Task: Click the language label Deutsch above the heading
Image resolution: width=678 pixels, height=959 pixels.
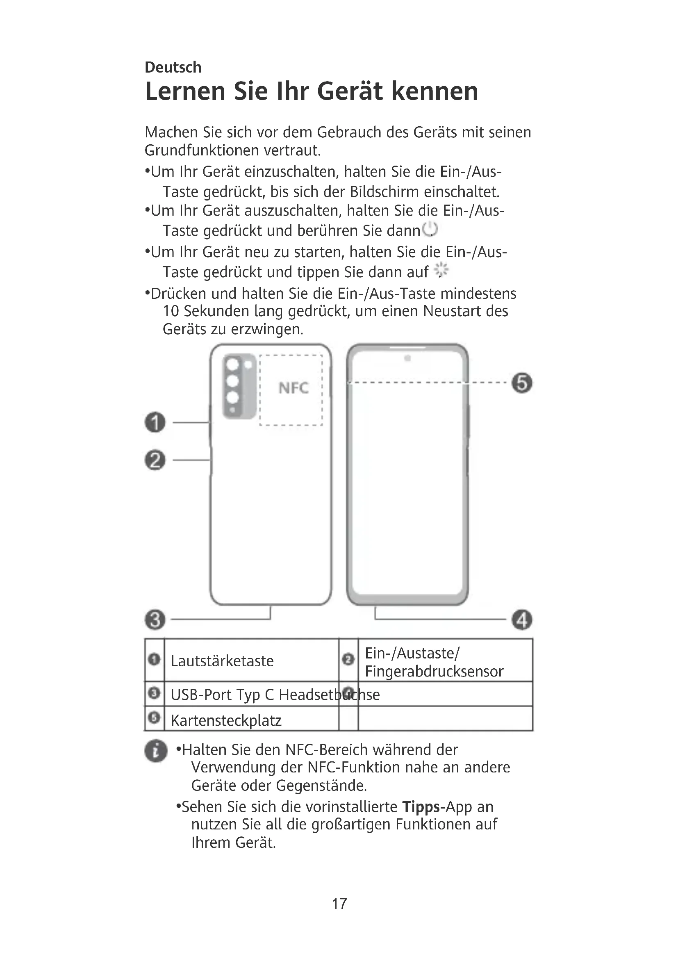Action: coord(173,67)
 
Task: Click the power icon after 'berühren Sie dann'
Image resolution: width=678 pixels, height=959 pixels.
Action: coord(430,229)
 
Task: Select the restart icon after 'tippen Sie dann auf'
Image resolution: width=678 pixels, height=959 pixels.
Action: coord(441,271)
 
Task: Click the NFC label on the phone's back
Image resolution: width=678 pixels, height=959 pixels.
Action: coord(293,388)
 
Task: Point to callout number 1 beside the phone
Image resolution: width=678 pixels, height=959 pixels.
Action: coord(155,422)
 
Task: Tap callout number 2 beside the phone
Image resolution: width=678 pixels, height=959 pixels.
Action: coord(155,460)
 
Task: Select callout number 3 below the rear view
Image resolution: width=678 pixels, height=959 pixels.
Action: coord(155,620)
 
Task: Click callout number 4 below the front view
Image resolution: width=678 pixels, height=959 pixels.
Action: coord(522,620)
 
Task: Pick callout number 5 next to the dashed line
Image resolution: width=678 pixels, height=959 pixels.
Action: coord(522,383)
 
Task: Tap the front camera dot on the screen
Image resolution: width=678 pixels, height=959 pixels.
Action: coord(407,358)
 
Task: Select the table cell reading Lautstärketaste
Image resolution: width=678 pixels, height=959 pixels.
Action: coord(222,661)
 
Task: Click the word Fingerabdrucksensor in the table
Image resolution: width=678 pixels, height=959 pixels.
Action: coord(434,671)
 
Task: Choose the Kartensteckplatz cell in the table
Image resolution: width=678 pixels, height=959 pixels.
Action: coord(226,720)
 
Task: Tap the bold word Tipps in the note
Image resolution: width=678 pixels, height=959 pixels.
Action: coord(421,806)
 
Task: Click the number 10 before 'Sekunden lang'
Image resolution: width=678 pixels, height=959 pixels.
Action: coord(171,311)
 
